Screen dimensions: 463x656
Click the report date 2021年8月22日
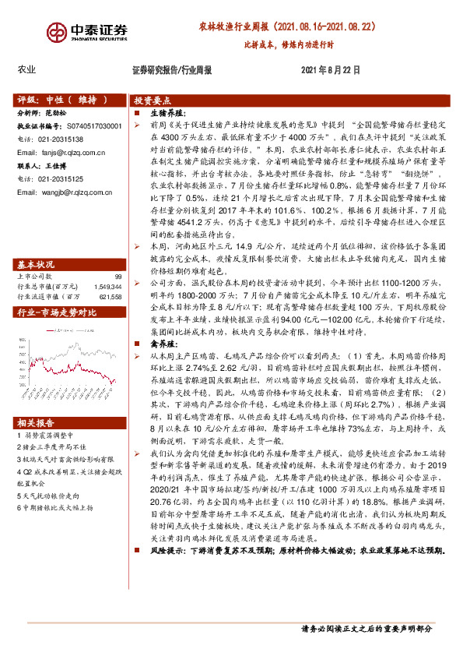(x=330, y=69)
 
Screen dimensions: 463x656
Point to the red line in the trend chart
(x=70, y=343)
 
